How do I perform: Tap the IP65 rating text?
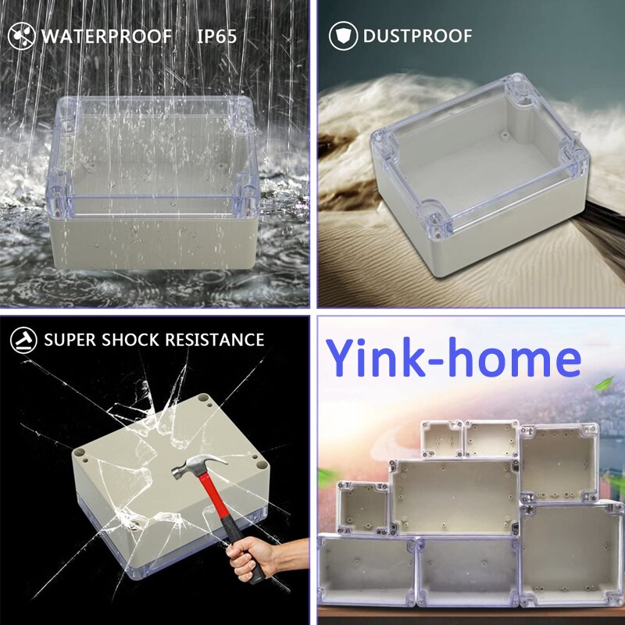[216, 36]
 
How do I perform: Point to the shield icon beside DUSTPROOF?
[342, 36]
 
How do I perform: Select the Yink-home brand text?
[453, 359]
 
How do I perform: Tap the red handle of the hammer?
[227, 516]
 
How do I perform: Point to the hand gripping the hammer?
[254, 559]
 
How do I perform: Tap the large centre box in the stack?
[454, 496]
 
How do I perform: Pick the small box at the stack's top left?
[441, 438]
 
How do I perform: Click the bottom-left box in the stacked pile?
[366, 570]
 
